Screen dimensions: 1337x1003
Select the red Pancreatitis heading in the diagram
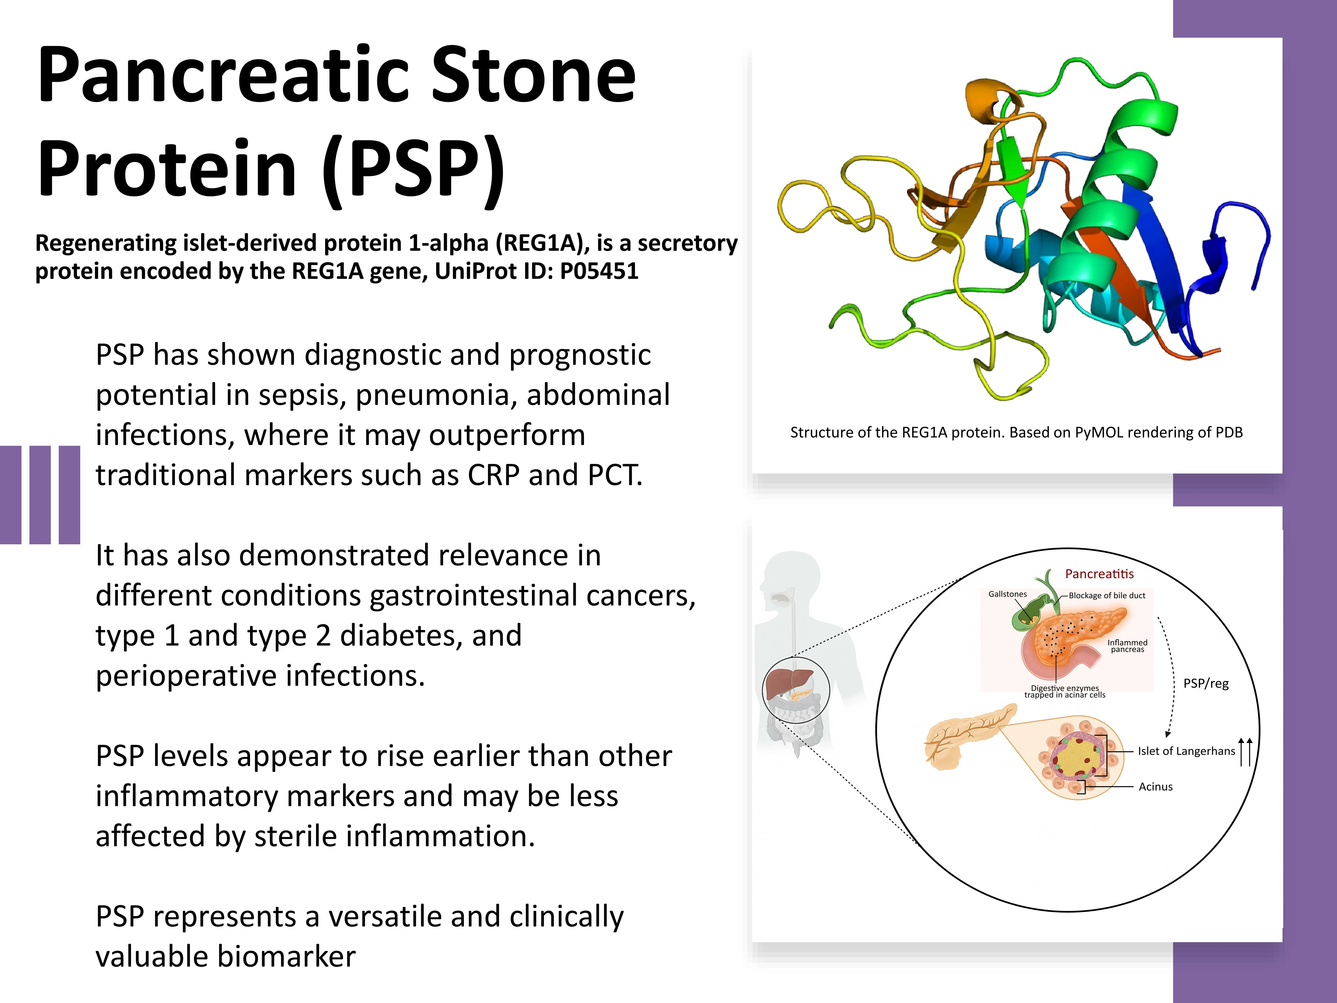[x=1100, y=574]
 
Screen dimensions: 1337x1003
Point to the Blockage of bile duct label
[x=1107, y=595]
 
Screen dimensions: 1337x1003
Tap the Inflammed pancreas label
[x=1127, y=646]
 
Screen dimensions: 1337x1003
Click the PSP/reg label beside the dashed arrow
[x=1206, y=684]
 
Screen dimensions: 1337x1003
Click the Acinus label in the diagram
[x=1156, y=787]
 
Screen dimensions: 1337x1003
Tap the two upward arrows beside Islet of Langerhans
[x=1245, y=752]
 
